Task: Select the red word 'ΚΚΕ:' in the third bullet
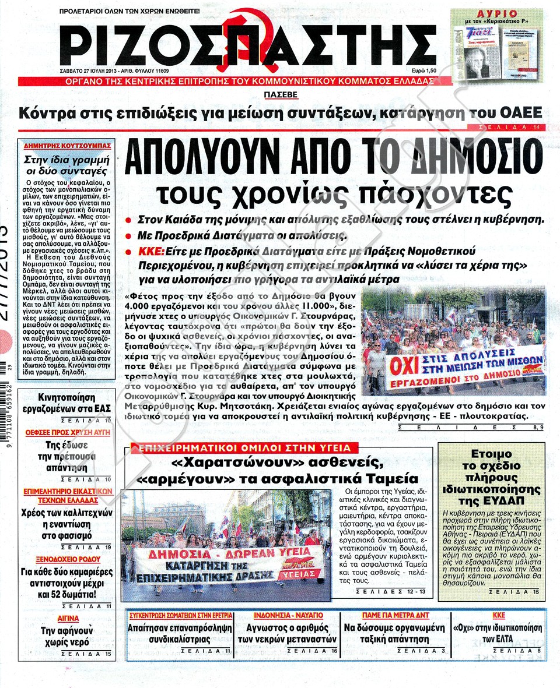point(150,251)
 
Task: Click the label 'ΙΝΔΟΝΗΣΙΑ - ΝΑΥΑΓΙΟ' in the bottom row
point(289,615)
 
